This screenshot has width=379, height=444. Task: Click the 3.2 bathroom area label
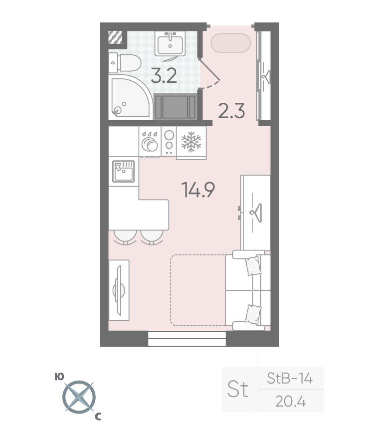(x=164, y=76)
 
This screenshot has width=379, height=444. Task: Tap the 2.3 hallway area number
(x=231, y=111)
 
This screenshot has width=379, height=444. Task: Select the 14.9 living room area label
(x=198, y=190)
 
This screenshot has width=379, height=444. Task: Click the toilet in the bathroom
(x=125, y=63)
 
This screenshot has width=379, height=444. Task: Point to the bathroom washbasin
(x=170, y=43)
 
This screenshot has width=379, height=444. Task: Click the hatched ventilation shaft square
(x=115, y=37)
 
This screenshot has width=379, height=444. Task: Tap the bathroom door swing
(x=210, y=74)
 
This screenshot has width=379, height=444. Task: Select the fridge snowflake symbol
(x=191, y=141)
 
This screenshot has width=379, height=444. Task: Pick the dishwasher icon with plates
(x=150, y=141)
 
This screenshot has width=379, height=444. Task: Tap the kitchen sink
(x=123, y=171)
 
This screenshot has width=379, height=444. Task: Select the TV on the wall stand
(x=119, y=290)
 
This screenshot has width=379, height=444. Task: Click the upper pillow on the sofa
(x=253, y=265)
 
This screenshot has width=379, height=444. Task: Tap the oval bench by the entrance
(x=231, y=43)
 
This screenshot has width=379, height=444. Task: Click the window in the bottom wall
(x=187, y=339)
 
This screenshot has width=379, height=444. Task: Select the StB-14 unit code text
(x=290, y=378)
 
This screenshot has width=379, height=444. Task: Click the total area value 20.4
(x=290, y=401)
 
